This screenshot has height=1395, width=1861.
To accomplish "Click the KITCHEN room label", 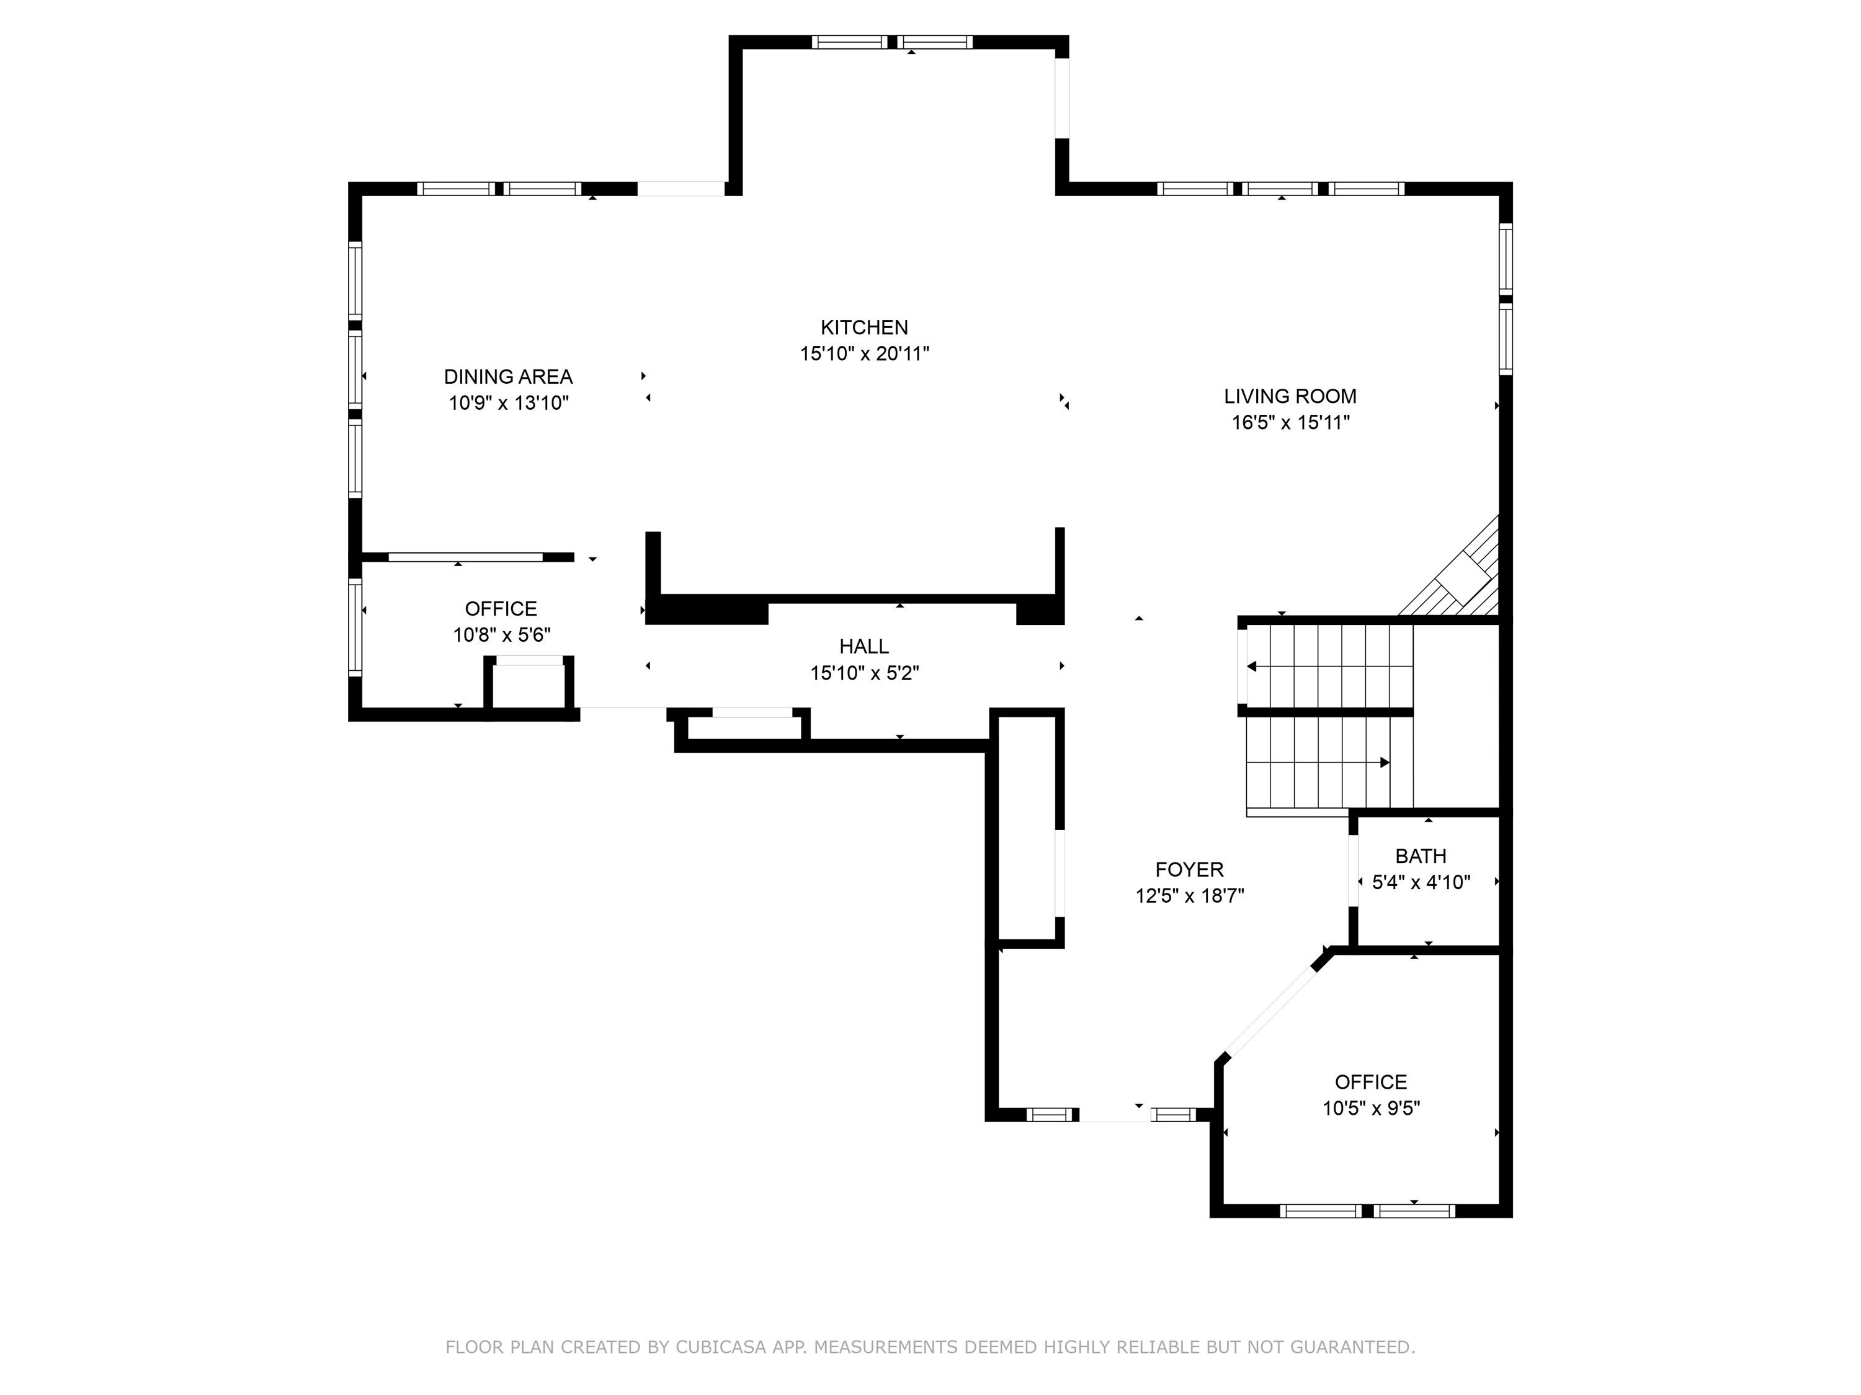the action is tap(864, 327).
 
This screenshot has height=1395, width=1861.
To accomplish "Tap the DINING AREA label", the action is tap(508, 377).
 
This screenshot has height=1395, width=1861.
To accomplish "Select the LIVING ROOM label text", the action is tap(1290, 396).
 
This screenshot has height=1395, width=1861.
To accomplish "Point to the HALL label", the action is tap(864, 647).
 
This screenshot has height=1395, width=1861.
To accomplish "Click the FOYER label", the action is tap(1189, 869).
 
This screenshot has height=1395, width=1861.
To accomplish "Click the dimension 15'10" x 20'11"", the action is tap(864, 353).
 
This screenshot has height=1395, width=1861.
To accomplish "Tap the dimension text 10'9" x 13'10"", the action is tap(508, 403).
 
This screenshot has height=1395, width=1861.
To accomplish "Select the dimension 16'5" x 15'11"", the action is tap(1290, 422).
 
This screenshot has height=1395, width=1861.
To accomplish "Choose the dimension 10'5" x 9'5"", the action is tap(1370, 1109).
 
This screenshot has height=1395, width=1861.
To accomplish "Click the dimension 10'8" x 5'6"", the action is tap(501, 635).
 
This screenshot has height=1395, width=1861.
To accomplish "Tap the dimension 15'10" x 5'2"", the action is tap(864, 673).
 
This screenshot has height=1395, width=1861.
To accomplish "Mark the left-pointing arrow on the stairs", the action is tap(1329, 666).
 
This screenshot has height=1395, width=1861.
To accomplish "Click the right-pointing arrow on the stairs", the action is tap(1318, 763).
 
